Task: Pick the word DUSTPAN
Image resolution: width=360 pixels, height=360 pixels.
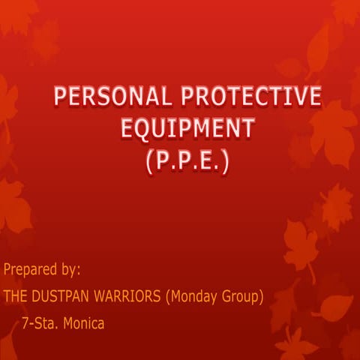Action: [64, 296]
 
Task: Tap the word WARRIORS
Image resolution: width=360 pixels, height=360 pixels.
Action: [127, 296]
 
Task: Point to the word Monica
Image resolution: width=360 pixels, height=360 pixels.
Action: [83, 324]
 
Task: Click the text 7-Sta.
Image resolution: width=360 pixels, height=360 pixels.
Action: [39, 324]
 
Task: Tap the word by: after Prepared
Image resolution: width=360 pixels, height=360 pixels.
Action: [69, 268]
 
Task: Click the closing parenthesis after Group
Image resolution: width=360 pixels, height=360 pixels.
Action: [262, 296]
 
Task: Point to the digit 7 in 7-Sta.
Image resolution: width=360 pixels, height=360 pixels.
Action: [26, 324]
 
